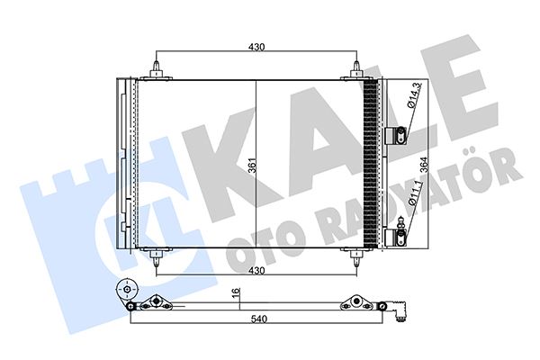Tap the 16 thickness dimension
236,292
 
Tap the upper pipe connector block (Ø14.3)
394,136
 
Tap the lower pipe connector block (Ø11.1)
394,238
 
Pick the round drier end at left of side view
126,293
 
